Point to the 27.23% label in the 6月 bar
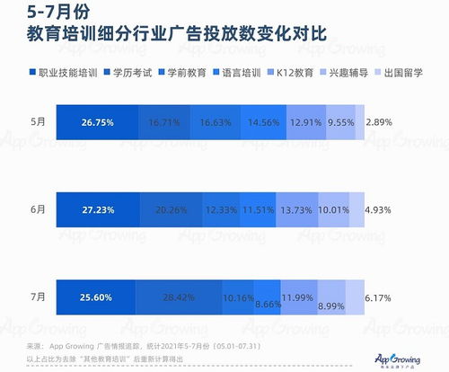(98, 209)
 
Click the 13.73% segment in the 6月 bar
(297, 209)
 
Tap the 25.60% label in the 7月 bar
(98, 297)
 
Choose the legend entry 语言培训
(238, 70)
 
